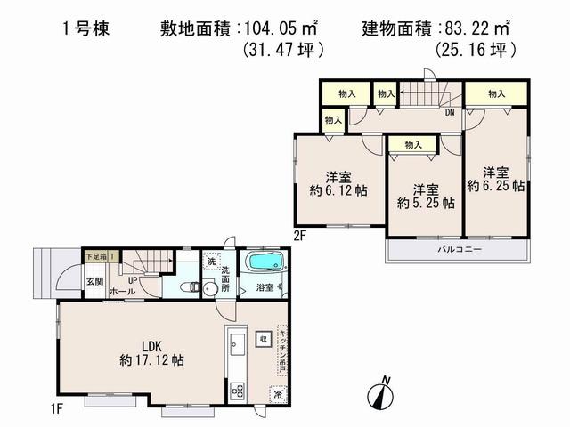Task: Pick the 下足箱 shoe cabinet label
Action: tap(94, 256)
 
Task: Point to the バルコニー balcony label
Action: tap(459, 250)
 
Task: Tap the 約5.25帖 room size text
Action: tap(425, 203)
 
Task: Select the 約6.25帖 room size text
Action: tap(495, 187)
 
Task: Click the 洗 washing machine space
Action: tap(210, 261)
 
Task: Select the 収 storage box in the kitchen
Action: tap(264, 339)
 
